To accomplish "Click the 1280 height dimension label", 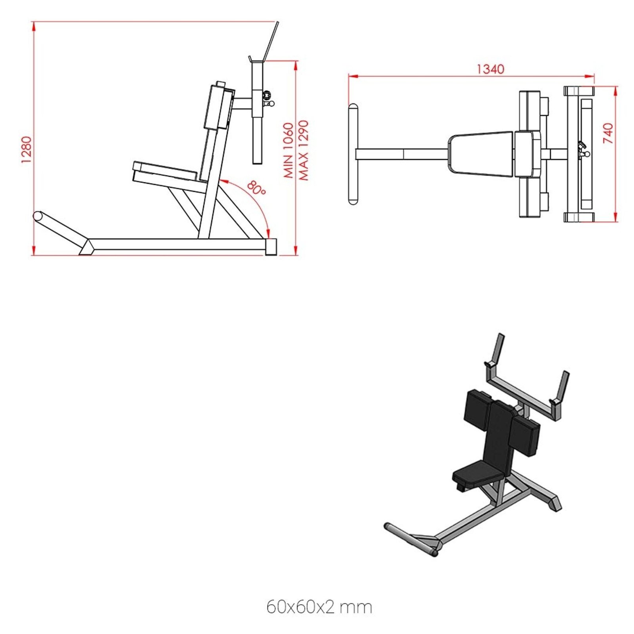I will click(26, 150).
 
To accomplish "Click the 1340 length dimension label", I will click(490, 69).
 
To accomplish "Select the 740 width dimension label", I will click(608, 133).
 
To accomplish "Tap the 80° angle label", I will click(256, 188).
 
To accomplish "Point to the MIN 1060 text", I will click(288, 150).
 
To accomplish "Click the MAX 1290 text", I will click(303, 150).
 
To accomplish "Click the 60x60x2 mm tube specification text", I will click(319, 607).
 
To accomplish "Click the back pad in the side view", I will click(217, 106).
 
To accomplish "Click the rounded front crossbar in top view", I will click(353, 154).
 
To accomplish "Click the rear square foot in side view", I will click(271, 246).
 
